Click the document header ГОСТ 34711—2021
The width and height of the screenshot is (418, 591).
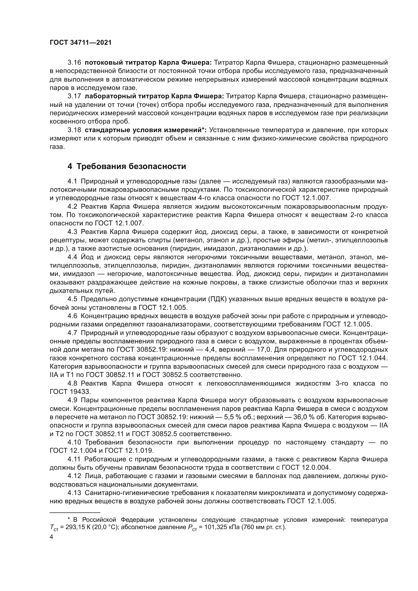81,43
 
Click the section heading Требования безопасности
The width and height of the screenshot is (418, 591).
131,166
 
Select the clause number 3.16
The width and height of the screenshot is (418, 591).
74,63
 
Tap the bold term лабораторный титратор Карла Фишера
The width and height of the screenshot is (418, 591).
154,96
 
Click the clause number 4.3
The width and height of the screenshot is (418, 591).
72,232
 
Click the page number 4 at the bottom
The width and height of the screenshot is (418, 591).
51,537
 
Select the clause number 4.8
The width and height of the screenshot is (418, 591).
72,383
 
